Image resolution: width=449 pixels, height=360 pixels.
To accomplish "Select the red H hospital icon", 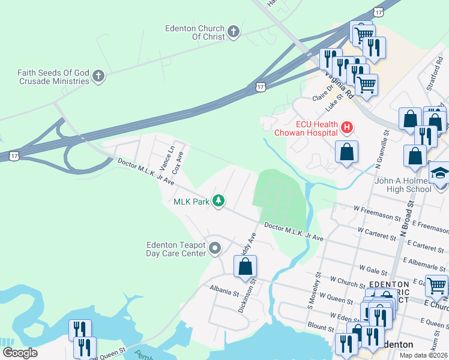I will (346, 127).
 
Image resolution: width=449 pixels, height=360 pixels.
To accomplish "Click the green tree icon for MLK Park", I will (220, 202).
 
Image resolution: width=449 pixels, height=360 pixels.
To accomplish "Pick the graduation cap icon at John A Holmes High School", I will (440, 174).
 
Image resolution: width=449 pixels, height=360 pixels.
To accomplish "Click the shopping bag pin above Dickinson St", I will (245, 267).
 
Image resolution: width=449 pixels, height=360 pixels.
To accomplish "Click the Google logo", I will (20, 353).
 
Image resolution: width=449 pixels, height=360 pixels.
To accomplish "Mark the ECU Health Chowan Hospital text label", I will (306, 128).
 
